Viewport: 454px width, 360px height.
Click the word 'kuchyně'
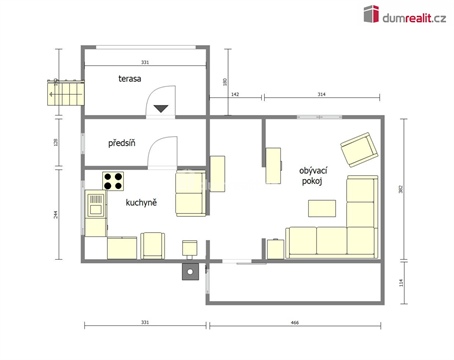pyautogui.click(x=140, y=202)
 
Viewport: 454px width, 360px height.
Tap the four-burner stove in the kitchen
pyautogui.click(x=113, y=182)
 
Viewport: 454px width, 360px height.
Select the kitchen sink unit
pyautogui.click(x=96, y=207)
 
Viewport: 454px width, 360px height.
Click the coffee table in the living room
pyautogui.click(x=322, y=208)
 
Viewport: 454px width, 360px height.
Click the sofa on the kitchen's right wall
pyautogui.click(x=190, y=192)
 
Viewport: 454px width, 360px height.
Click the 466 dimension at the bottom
pyautogui.click(x=295, y=322)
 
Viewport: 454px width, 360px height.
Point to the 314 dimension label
pyautogui.click(x=321, y=93)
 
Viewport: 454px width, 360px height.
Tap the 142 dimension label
pyautogui.click(x=235, y=93)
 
